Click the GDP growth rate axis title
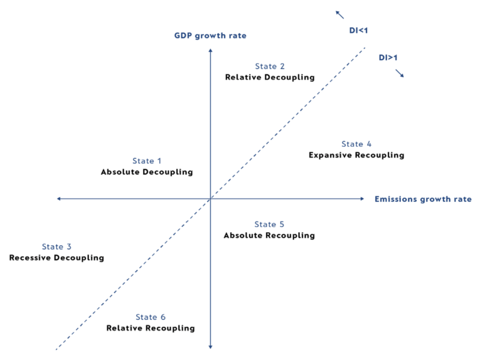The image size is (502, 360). [x=210, y=36]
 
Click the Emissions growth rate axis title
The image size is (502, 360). [x=423, y=199]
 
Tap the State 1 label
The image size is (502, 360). [x=147, y=161]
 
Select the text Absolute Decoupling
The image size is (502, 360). [x=147, y=172]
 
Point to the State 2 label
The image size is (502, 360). [x=270, y=66]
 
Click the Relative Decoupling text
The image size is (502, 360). [x=270, y=77]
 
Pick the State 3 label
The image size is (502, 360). [x=56, y=247]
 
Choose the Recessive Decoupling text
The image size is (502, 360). [x=56, y=258]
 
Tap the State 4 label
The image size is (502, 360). [x=356, y=144]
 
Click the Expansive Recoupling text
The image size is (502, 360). [x=356, y=155]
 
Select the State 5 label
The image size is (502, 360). [x=269, y=225]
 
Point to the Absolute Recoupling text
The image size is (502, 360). [x=269, y=235]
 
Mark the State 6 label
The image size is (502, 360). [x=151, y=317]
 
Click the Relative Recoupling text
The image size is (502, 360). [x=151, y=328]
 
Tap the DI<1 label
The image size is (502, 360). [x=359, y=30]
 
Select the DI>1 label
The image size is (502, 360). [x=388, y=58]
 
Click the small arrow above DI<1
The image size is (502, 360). [x=339, y=14]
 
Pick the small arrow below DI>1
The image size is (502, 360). [x=399, y=73]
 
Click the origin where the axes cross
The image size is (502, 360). [x=210, y=199]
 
